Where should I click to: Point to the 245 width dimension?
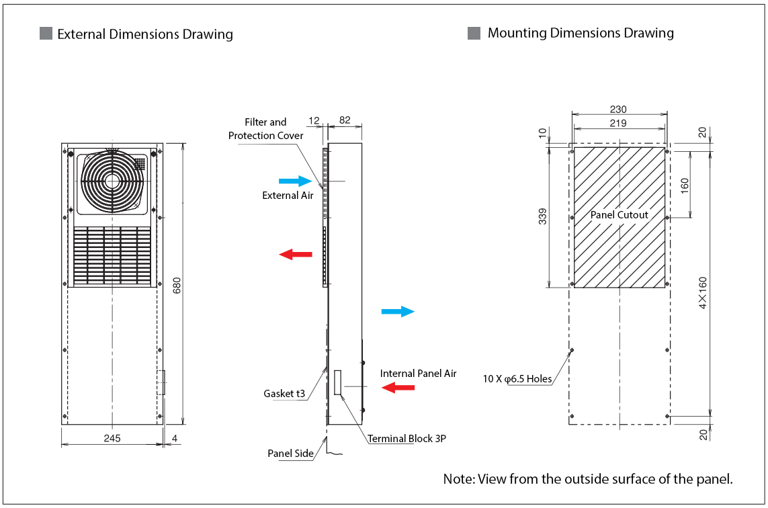click(112, 438)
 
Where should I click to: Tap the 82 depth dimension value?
click(345, 120)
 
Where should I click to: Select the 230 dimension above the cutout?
click(618, 110)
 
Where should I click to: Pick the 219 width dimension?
click(618, 123)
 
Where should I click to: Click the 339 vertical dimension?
click(542, 216)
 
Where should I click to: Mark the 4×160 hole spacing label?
click(703, 292)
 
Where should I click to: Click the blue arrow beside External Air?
click(295, 181)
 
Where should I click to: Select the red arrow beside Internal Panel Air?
click(398, 387)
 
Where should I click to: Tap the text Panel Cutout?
click(619, 215)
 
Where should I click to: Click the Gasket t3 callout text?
click(284, 393)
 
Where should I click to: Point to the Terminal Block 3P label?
click(407, 439)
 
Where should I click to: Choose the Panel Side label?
click(290, 454)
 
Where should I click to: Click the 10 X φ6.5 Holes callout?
click(517, 379)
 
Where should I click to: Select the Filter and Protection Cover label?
click(265, 128)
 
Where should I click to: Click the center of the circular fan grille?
click(111, 181)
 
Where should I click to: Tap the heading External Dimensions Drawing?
click(145, 34)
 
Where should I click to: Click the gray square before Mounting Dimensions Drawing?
click(474, 33)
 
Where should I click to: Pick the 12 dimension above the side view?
click(314, 120)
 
